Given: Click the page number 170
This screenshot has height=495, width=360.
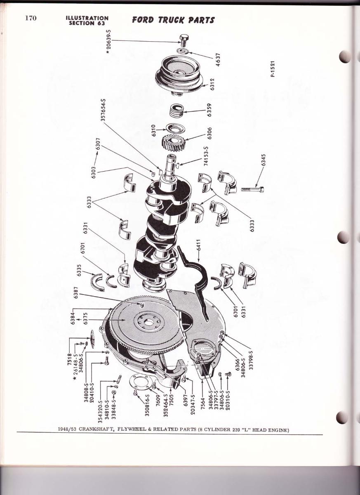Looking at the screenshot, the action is click(31, 18).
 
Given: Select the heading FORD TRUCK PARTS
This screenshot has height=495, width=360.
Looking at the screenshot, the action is click(173, 20).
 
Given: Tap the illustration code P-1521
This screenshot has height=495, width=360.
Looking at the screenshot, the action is click(273, 69).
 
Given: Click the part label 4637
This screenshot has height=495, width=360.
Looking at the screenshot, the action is click(218, 60).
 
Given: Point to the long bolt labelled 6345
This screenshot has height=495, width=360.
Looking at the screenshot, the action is click(253, 189).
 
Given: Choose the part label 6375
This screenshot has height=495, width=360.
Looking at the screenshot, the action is click(85, 318).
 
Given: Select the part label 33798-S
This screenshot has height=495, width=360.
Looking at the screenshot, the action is click(251, 363).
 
